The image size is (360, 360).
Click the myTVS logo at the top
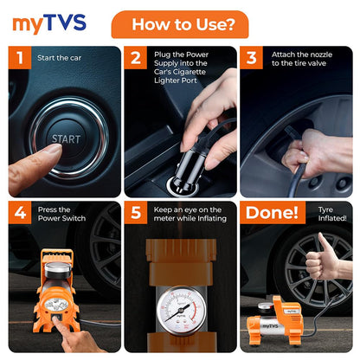[x=49, y=23]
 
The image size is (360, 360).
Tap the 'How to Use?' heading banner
[x=180, y=24]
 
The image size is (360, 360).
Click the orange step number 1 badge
[x=20, y=57]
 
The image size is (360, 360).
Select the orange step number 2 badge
[x=136, y=57]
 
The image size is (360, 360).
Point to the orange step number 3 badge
[x=252, y=57]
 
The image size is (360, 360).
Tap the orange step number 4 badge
[x=20, y=213]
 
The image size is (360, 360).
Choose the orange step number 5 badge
[x=136, y=213]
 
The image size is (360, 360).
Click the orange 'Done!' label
[x=273, y=213]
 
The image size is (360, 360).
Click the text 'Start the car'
[x=59, y=58]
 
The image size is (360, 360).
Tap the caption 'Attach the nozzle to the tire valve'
[x=302, y=59]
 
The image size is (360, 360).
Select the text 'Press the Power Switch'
[x=61, y=214]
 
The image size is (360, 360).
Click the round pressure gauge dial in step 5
[x=181, y=311]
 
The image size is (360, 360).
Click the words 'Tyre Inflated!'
[x=332, y=214]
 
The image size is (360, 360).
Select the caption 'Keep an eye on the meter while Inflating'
[x=190, y=214]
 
